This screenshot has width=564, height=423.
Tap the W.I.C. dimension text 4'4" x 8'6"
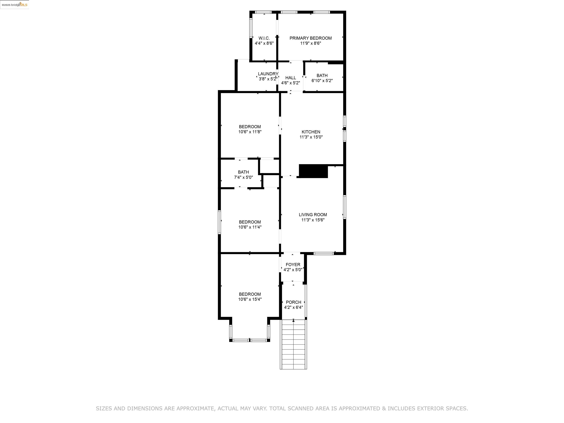(264, 43)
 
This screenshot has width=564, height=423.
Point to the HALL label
(290, 78)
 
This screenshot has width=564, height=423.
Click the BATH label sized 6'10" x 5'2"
(322, 75)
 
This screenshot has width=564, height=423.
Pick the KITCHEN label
(311, 132)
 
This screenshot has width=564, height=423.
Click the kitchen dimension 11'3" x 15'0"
(311, 137)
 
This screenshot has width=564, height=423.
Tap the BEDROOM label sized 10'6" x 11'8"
(250, 127)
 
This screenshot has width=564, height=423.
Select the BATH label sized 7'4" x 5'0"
(243, 172)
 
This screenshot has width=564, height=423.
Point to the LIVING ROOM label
(313, 215)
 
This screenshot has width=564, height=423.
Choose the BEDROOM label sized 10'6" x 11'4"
(250, 222)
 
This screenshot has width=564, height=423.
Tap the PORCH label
(293, 302)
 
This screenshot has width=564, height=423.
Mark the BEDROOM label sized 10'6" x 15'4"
(250, 294)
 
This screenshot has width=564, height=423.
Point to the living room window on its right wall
(344, 207)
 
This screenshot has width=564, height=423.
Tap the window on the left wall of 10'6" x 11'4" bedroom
(219, 222)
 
